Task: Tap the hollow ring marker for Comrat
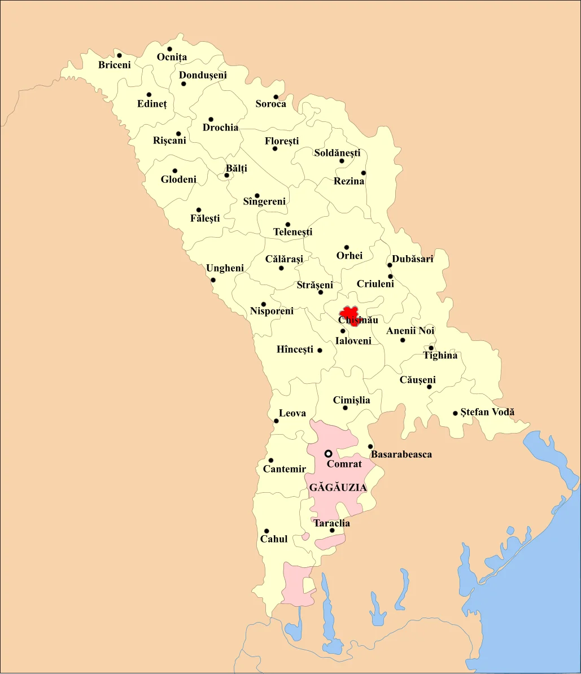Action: tap(328, 453)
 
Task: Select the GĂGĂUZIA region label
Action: tap(338, 488)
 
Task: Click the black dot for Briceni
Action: tap(119, 55)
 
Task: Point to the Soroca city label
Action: tap(270, 104)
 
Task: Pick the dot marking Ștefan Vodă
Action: tap(455, 413)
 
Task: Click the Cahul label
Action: tap(274, 539)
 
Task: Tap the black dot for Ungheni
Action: tap(213, 280)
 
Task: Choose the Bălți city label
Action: tap(236, 168)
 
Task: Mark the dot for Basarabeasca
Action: tap(370, 447)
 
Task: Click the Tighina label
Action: tap(440, 356)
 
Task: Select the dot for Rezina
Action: tap(363, 173)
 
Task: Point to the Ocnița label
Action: tap(172, 58)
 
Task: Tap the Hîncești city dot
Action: tap(320, 351)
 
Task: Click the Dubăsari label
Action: tap(413, 259)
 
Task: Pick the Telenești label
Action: tap(292, 232)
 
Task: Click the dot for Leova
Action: tap(276, 421)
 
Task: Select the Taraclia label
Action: tap(331, 523)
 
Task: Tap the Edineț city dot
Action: tap(148, 95)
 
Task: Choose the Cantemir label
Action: tap(285, 469)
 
